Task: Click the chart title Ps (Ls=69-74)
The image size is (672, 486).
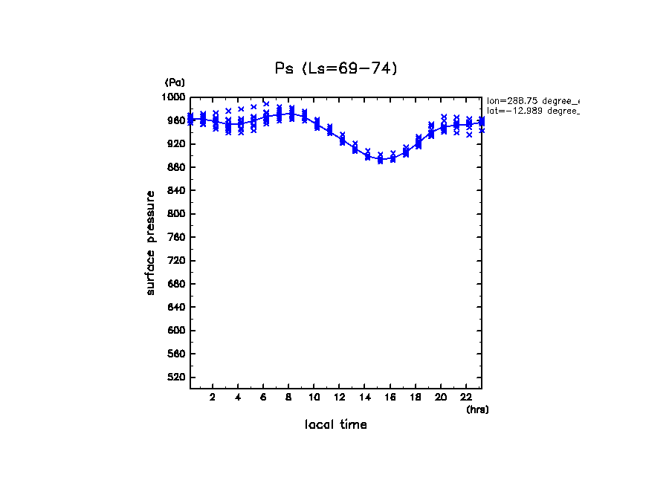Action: pyautogui.click(x=336, y=68)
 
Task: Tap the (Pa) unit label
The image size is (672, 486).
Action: pyautogui.click(x=175, y=82)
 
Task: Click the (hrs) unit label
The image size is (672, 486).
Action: pyautogui.click(x=477, y=409)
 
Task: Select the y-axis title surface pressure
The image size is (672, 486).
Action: pyautogui.click(x=151, y=242)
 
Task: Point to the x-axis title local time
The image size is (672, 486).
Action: pyautogui.click(x=336, y=425)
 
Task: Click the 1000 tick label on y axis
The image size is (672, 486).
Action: pyautogui.click(x=175, y=97)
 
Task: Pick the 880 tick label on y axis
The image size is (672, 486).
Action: pyautogui.click(x=178, y=167)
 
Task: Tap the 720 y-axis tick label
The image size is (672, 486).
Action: pyautogui.click(x=178, y=261)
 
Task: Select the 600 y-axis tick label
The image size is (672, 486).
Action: pyautogui.click(x=178, y=331)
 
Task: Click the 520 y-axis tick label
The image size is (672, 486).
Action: pyautogui.click(x=178, y=378)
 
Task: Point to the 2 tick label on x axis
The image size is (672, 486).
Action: pyautogui.click(x=213, y=398)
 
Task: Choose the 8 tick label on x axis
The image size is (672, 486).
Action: pyautogui.click(x=288, y=398)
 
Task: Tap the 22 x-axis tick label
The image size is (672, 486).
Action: pyautogui.click(x=465, y=398)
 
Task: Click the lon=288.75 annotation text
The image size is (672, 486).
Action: pyautogui.click(x=532, y=100)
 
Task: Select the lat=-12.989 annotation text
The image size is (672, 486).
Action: pyautogui.click(x=532, y=111)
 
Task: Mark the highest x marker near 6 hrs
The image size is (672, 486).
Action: pyautogui.click(x=266, y=104)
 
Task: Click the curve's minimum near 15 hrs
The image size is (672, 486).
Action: pyautogui.click(x=380, y=160)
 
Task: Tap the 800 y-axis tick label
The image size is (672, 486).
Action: pyautogui.click(x=178, y=214)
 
